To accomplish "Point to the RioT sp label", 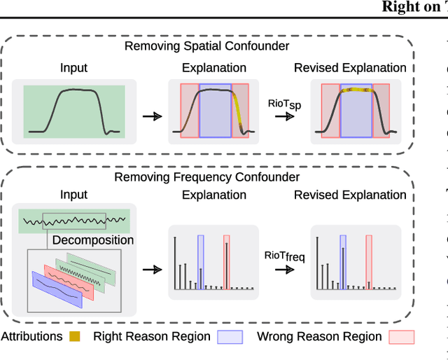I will (284, 105).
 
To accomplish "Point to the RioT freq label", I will (284, 256).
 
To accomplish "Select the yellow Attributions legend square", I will (75, 336).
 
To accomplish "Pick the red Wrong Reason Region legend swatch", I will (401, 337).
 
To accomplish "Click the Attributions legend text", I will (31, 336).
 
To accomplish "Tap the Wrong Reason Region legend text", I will (319, 336).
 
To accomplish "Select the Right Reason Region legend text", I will (151, 336).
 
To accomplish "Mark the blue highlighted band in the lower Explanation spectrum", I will (200, 261).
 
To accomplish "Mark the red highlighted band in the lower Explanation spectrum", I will (226, 261).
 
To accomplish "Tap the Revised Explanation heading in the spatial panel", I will (350, 68).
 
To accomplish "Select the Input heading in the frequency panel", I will (73, 195).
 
